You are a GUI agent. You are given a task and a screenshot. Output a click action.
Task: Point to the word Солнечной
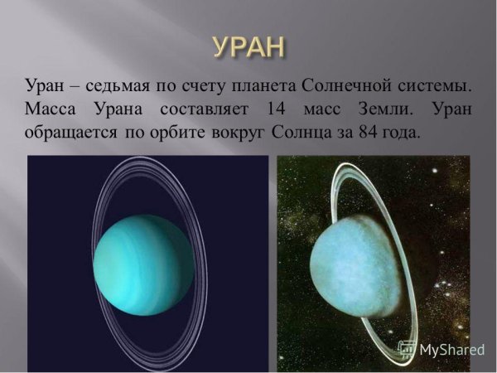tap(345, 85)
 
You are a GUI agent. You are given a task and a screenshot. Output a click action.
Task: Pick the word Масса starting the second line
tap(51, 109)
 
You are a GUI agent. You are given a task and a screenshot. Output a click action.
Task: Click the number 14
tap(277, 109)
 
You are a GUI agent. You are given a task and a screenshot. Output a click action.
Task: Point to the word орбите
tap(159, 132)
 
